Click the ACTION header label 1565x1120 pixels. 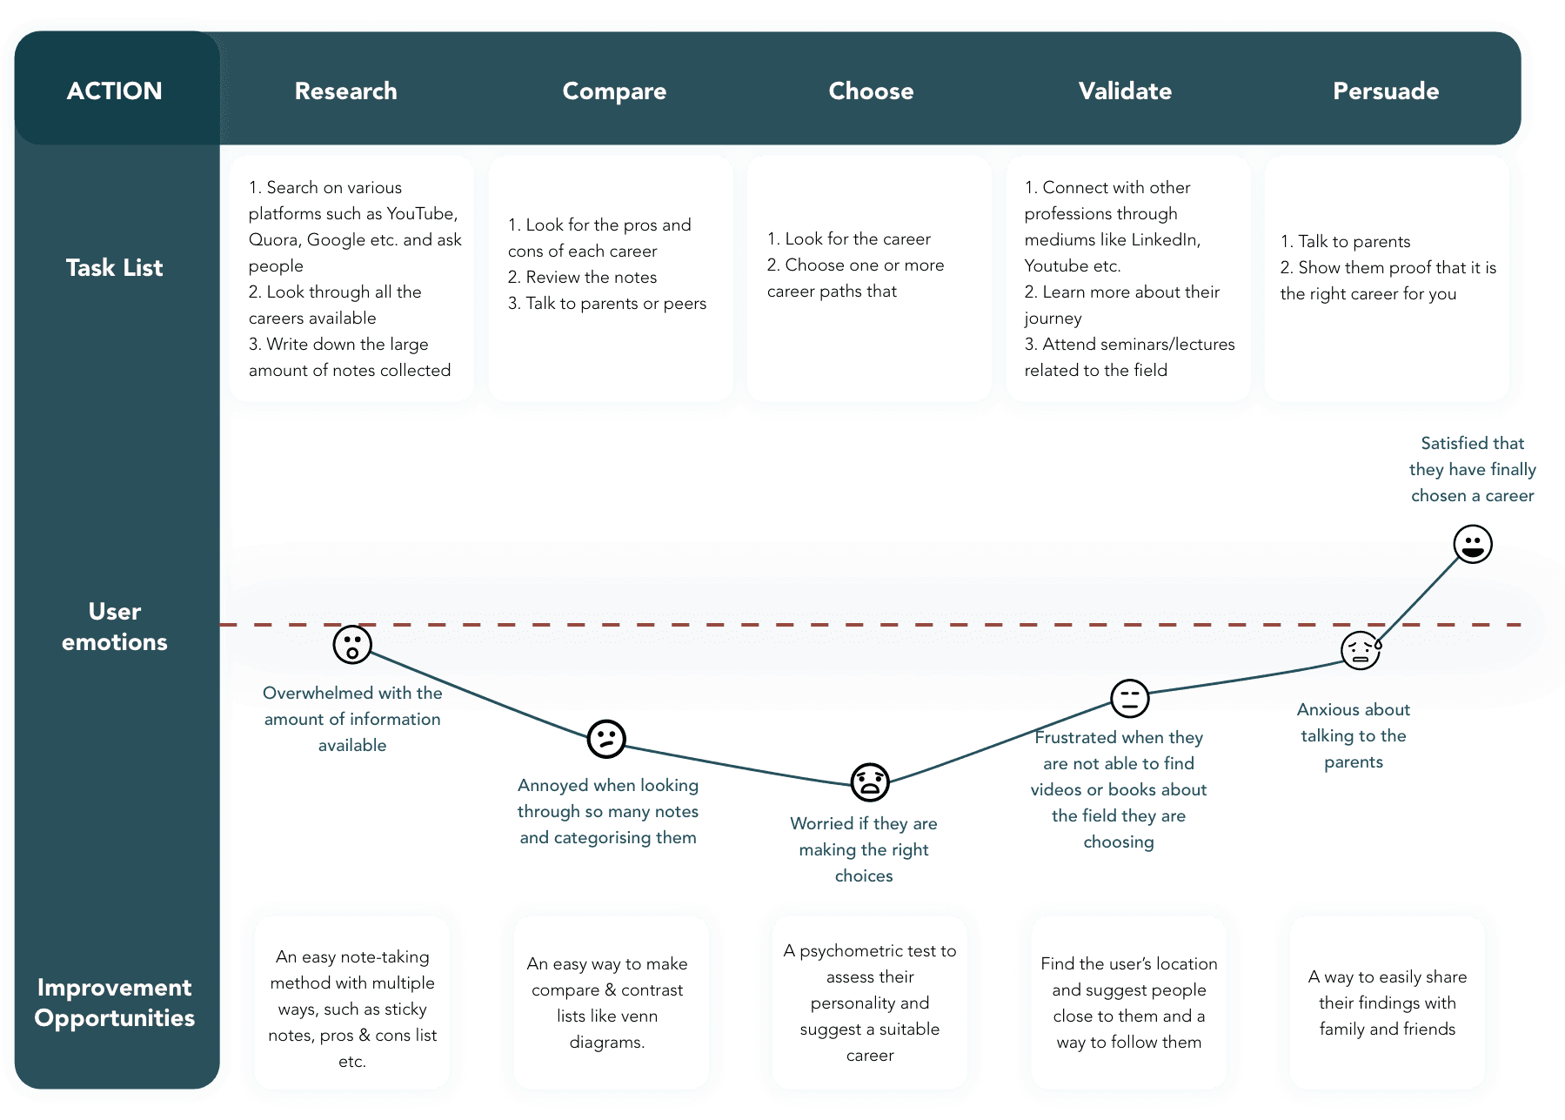114,91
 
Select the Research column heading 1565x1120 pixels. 345,91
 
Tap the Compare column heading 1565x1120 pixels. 614,91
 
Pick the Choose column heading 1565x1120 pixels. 871,91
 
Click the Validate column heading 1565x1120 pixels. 1125,91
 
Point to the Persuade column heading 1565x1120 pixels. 1386,91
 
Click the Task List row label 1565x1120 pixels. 114,267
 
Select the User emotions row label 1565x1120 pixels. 114,627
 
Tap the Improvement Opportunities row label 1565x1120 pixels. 114,1003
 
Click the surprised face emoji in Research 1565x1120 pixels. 352,645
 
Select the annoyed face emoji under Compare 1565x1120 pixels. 606,739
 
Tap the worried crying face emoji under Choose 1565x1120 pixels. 870,781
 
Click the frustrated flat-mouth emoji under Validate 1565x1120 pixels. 1130,698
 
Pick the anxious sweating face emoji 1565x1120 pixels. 1361,650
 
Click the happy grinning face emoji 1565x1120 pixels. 1473,544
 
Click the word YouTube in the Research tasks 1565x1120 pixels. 421,213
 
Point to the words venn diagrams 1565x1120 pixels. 607,1029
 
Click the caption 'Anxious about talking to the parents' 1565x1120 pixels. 1354,735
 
